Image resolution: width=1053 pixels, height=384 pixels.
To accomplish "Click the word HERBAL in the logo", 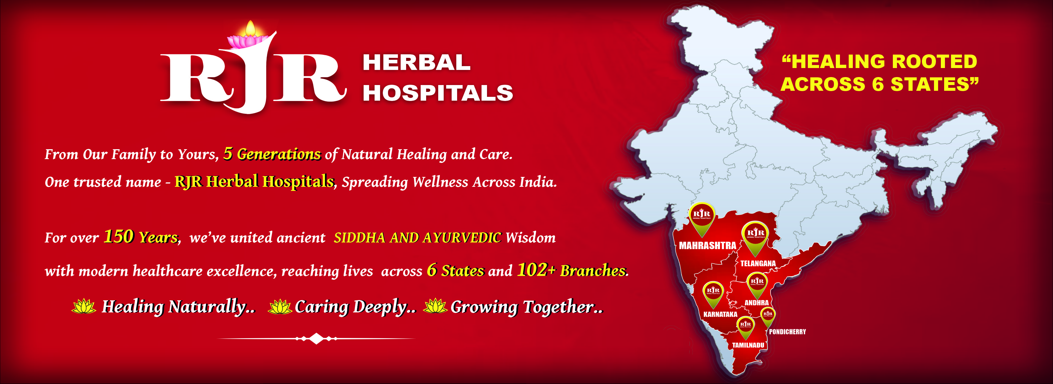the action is tap(417, 63).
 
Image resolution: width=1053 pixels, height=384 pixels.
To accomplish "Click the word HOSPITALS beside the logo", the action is tap(438, 92).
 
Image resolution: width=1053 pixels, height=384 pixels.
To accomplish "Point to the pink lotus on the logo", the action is tap(247, 41).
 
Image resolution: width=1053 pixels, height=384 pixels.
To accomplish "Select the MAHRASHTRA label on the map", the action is tap(707, 245).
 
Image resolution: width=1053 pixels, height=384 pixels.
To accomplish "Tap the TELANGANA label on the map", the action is tap(758, 263).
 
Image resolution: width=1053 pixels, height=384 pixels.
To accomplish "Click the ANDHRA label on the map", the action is tap(756, 303).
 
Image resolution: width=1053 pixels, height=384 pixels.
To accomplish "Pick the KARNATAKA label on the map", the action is tap(720, 314).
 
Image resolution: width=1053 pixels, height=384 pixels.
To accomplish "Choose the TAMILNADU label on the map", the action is tap(748, 345).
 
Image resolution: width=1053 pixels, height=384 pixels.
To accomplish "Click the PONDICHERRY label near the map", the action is tap(787, 332).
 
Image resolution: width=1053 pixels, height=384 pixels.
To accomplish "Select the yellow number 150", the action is tap(118, 236).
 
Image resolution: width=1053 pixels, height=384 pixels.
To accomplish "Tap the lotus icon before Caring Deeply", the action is tap(280, 306).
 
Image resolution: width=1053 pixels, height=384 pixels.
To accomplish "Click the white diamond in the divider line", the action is tap(316, 339).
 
